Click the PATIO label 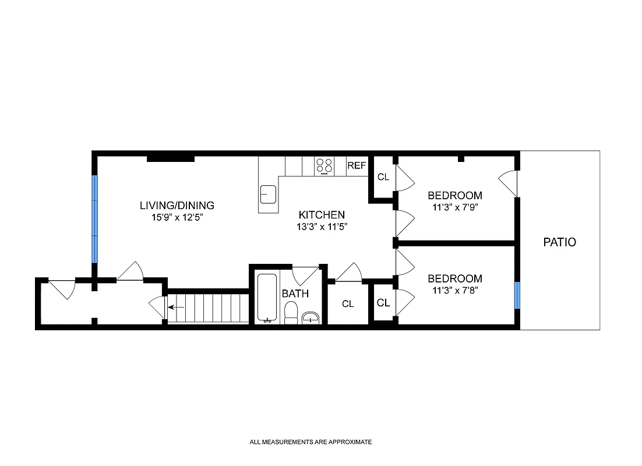(559, 242)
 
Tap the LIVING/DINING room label (177, 206)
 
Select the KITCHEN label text (322, 214)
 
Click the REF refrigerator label (357, 166)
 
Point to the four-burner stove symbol (324, 166)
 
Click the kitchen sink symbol (268, 193)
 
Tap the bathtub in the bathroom (268, 297)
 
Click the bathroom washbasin (310, 317)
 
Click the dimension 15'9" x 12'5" (177, 217)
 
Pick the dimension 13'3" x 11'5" (322, 226)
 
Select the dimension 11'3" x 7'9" (455, 206)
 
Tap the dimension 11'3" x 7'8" (455, 290)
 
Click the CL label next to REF (383, 177)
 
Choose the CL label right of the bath (348, 303)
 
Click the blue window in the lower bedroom (517, 295)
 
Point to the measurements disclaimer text (311, 442)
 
